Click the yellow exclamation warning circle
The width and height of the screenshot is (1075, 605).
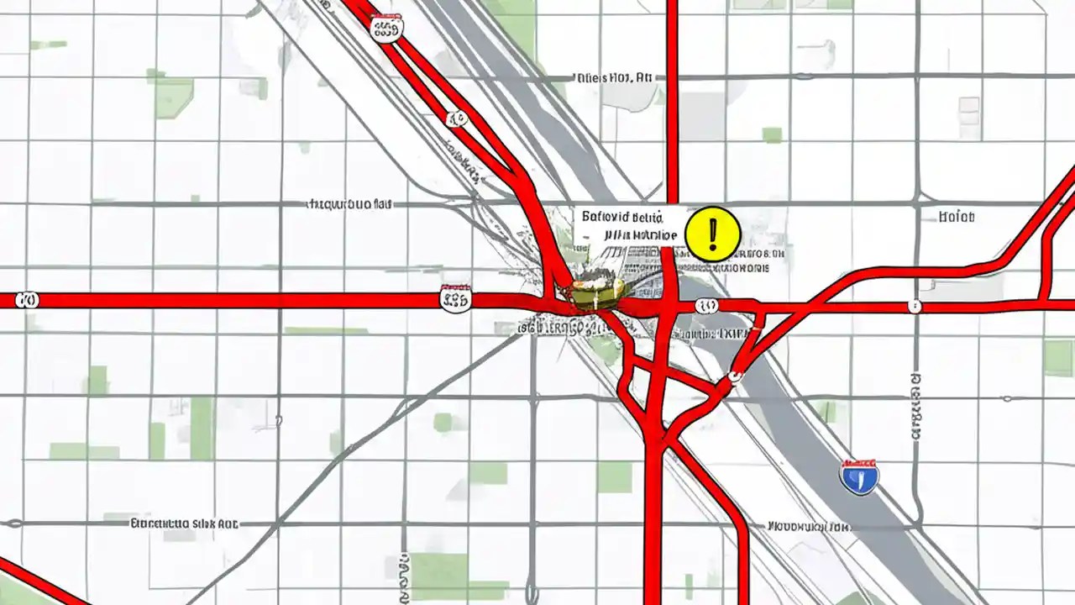(713, 234)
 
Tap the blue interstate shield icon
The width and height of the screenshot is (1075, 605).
(859, 476)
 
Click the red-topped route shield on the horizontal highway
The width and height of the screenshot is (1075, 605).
(455, 297)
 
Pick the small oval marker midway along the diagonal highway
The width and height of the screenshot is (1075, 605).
(457, 118)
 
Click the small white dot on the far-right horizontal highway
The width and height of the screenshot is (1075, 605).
(915, 307)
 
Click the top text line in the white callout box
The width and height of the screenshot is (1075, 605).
(630, 217)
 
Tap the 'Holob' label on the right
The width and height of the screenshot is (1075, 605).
(957, 217)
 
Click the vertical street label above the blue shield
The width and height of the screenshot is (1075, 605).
(916, 408)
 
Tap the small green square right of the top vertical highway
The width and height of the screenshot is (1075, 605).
(772, 135)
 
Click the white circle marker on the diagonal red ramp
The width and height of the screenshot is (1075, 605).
(737, 376)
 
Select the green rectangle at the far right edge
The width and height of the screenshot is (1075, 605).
(1058, 357)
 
